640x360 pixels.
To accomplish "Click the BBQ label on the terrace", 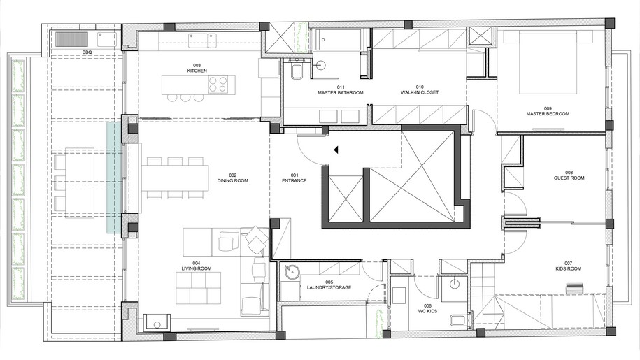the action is click(x=87, y=52).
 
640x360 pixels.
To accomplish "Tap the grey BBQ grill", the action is click(x=72, y=39).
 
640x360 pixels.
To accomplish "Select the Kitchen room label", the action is click(x=197, y=68).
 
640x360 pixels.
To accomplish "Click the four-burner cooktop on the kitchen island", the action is click(x=218, y=84).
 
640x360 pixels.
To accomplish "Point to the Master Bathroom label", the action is click(x=341, y=90).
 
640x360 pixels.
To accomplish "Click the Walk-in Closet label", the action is click(x=420, y=89).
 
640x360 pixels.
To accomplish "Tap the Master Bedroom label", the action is click(x=548, y=111).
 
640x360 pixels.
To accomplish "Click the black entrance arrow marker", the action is click(x=336, y=150).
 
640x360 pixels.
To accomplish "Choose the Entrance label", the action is click(x=294, y=178).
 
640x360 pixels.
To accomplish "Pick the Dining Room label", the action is click(x=233, y=178).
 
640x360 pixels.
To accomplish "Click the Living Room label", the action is click(x=197, y=266).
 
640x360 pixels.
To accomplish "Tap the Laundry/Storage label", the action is click(x=329, y=285).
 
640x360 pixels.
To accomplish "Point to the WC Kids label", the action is click(x=427, y=309).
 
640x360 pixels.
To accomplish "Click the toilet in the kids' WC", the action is click(x=457, y=320).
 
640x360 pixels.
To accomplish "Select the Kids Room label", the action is click(x=569, y=266).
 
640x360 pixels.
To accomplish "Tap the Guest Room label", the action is click(x=569, y=175).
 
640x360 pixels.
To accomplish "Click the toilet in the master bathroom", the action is click(x=297, y=72).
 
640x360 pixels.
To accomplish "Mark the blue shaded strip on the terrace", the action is click(x=115, y=178).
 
